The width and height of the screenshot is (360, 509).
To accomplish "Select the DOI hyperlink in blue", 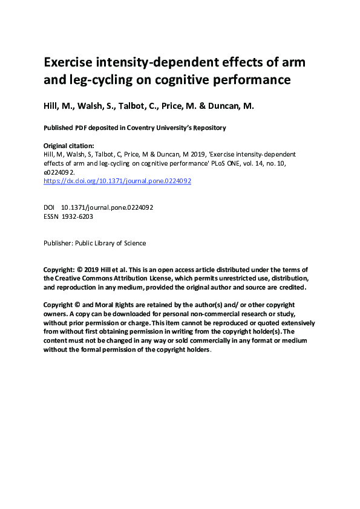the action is [x=117, y=181].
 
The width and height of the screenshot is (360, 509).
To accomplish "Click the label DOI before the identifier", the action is [x=50, y=207].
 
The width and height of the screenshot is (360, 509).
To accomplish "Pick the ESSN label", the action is [x=51, y=216].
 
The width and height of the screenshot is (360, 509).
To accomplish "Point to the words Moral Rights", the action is [x=108, y=305].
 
